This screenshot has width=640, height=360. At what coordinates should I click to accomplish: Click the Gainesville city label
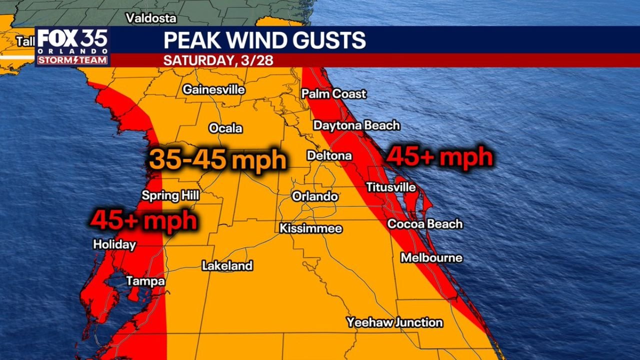[x=213, y=90]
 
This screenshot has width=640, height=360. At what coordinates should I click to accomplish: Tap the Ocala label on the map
[x=225, y=128]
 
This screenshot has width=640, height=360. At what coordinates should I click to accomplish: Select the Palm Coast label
[x=333, y=94]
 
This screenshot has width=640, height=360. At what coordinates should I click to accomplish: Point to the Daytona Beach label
[x=356, y=125]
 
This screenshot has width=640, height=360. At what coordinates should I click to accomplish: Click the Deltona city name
[x=329, y=156]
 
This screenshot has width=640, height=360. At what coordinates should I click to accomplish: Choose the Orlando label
[x=314, y=196]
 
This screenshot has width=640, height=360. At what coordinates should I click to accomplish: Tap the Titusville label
[x=390, y=187]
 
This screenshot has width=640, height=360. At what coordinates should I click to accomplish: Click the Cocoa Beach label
[x=425, y=224]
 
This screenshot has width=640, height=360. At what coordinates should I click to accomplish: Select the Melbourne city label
[x=431, y=258]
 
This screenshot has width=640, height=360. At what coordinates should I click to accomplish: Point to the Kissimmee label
[x=310, y=229]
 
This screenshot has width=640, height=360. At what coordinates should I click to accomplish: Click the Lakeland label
[x=227, y=266]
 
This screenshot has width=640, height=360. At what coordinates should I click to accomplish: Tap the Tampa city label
[x=145, y=281]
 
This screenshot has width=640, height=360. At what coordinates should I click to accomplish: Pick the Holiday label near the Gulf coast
[x=114, y=244]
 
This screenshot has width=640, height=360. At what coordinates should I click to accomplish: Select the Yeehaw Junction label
[x=394, y=322]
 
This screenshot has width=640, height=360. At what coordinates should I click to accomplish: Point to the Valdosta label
[x=151, y=18]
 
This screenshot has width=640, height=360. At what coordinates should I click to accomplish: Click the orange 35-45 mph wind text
[x=217, y=160]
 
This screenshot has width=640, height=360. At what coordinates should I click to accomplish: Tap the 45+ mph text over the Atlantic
[x=440, y=157]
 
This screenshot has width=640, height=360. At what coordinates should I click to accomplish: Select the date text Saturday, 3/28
[x=218, y=60]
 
